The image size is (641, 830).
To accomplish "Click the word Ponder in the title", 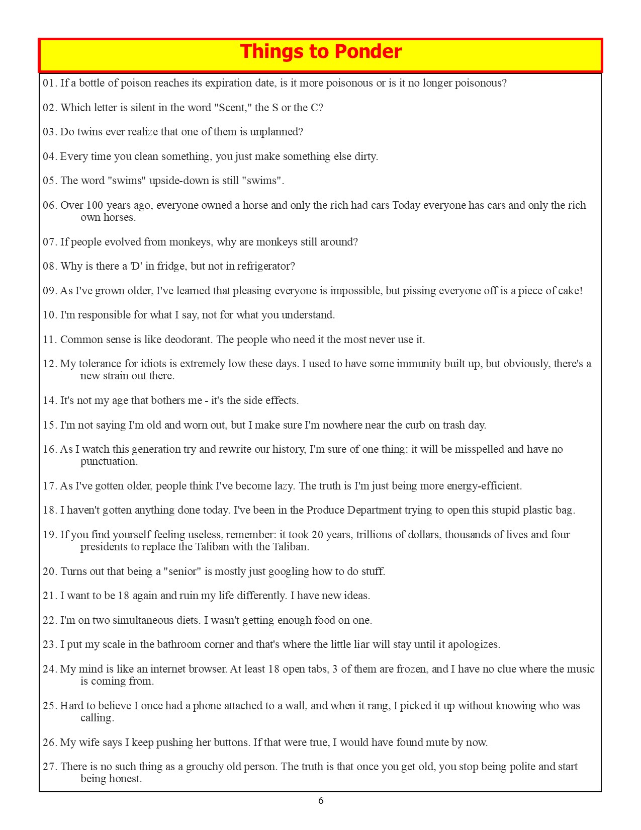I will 368,52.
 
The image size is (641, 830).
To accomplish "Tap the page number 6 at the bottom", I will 321,800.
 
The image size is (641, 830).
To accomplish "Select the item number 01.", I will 50,84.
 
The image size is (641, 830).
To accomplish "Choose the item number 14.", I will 50,401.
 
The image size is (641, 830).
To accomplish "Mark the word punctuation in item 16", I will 109,461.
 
